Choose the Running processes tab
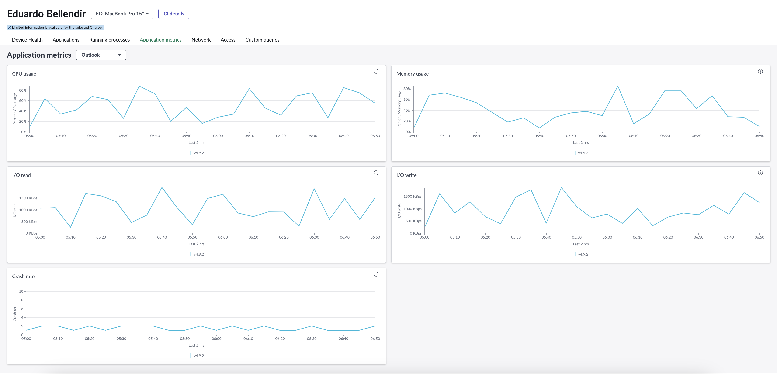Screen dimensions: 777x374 tap(110, 40)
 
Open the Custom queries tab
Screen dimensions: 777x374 tap(262, 40)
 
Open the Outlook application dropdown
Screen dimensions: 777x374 tap(101, 55)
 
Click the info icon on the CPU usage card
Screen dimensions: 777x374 tap(376, 72)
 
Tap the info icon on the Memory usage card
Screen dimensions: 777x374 tap(760, 72)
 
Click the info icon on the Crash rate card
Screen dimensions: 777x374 tap(376, 274)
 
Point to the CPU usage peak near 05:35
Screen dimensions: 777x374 tap(139, 86)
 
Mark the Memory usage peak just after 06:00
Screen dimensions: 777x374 tap(618, 86)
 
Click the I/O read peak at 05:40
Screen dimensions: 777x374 tap(162, 188)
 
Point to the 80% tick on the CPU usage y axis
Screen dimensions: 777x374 tap(23, 90)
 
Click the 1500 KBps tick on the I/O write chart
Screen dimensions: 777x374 tap(412, 197)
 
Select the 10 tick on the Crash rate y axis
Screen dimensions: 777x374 tap(21, 291)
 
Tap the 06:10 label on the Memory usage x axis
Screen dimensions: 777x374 tap(634, 136)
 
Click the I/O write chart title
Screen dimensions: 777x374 tap(406, 175)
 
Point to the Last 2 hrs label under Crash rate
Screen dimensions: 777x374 tap(196, 346)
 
